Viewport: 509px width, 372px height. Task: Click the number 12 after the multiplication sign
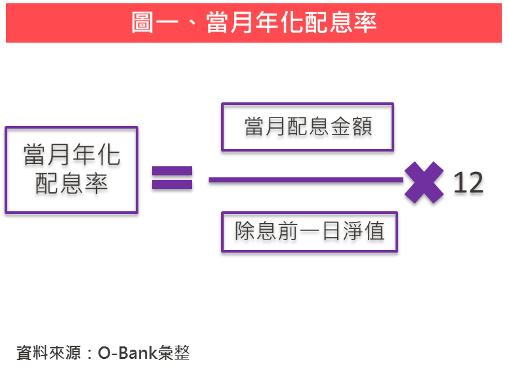coord(468,183)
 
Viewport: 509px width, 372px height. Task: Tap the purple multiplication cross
coord(424,182)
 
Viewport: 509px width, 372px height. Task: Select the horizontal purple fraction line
coord(306,179)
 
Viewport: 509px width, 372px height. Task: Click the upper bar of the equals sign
coord(172,171)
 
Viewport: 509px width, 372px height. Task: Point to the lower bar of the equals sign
coord(172,184)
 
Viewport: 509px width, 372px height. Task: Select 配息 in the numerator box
coord(307,127)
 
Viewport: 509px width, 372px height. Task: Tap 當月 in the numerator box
coord(264,127)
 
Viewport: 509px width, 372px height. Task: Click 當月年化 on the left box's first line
coord(71,155)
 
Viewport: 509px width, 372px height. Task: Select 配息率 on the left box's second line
coord(71,184)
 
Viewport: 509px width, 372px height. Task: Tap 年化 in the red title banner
coord(277,23)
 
